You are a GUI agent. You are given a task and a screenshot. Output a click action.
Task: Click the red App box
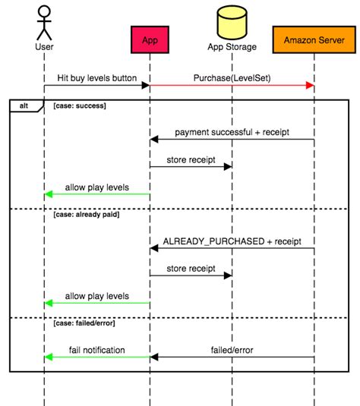tap(149, 38)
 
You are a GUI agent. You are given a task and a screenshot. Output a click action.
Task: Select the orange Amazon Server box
tap(314, 38)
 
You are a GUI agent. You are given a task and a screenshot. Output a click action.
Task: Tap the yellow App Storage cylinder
tap(232, 22)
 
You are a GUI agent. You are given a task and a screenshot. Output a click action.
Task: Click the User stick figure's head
tap(43, 13)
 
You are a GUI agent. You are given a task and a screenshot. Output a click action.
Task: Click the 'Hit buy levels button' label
tap(96, 77)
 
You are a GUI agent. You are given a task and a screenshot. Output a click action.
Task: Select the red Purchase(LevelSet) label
tap(232, 77)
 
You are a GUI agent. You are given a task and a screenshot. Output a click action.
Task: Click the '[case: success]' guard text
tap(80, 106)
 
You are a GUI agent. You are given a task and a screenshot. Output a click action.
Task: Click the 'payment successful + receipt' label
tap(232, 132)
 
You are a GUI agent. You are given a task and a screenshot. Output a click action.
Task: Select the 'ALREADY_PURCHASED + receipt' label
tap(232, 241)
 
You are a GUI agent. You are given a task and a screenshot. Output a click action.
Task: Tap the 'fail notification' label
tap(96, 350)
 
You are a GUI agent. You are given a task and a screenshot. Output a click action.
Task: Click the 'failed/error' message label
tap(232, 350)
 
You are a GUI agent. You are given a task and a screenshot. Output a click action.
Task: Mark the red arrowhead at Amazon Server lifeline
tap(310, 86)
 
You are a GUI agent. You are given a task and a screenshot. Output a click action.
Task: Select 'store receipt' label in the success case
tap(191, 159)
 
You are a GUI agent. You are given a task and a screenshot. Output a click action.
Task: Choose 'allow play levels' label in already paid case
tap(96, 295)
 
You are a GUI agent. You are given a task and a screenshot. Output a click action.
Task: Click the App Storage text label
tap(232, 47)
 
